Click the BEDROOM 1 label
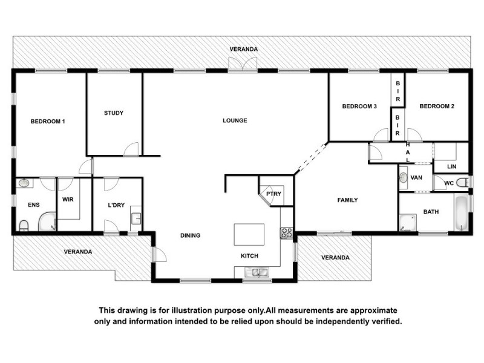48,121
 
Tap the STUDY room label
114,113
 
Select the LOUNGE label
235,120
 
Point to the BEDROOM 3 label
359,106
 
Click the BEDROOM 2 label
437,106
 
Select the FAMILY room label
348,200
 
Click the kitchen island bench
249,234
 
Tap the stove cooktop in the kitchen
287,232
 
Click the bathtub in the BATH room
462,213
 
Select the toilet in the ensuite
24,226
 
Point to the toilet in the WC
462,183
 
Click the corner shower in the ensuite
47,223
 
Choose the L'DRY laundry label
116,205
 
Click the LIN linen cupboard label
451,166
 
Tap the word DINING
190,235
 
